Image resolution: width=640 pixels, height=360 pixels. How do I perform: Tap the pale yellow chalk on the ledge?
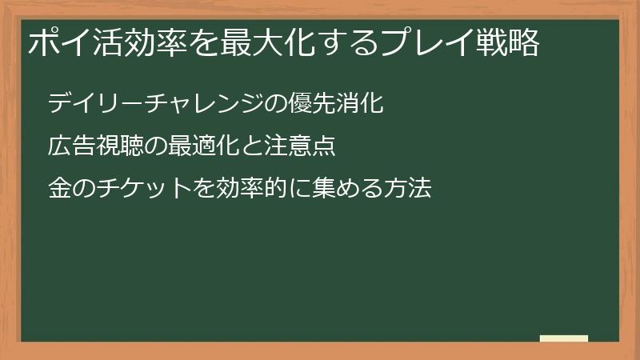(564, 338)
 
